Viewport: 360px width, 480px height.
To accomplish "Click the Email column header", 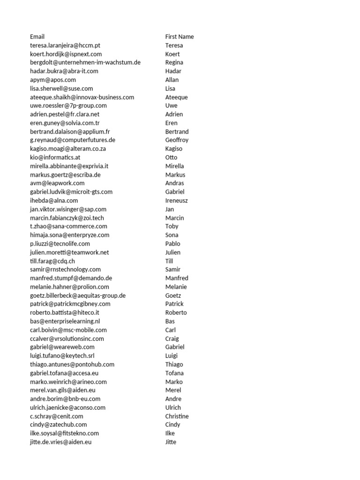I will coord(37,37).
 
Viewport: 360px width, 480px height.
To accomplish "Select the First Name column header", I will coord(180,37).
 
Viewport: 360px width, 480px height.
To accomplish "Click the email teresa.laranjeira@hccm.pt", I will coord(65,45).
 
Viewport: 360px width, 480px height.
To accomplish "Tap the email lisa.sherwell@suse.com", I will coord(61,89).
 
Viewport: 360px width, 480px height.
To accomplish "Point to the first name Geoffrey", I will coord(177,140).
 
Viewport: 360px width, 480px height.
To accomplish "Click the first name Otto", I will coord(172,157).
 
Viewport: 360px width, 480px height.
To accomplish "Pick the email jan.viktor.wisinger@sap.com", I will coord(68,210).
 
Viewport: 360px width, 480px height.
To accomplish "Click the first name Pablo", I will coord(173,244).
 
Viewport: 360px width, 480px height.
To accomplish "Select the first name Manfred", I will coord(177,278).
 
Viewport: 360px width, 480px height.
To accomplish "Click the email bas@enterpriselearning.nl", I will coord(65,321).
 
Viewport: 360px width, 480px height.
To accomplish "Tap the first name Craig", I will coord(172,338).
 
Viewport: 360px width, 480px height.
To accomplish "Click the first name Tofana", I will coord(174,373).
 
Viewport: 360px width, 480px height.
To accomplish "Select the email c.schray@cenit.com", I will coord(57,416).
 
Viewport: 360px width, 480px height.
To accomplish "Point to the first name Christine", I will coord(177,416).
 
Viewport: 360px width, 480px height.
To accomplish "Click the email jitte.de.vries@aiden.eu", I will coord(60,442).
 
